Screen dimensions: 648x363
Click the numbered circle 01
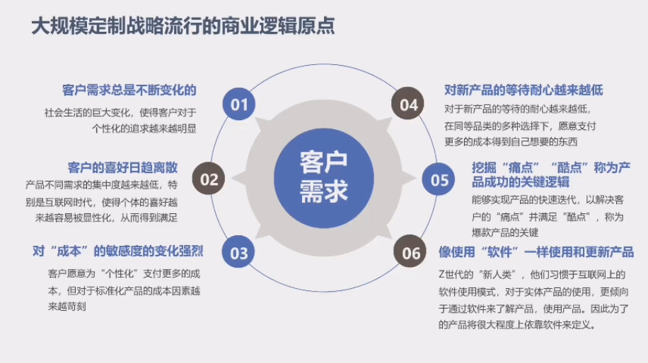click(239, 104)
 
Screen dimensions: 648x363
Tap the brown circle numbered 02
click(209, 179)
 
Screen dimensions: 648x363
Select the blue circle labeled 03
click(238, 252)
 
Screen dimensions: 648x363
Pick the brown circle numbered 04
click(408, 104)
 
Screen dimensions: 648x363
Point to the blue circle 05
click(439, 179)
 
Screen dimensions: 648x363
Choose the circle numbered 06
click(410, 251)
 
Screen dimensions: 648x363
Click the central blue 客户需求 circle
click(324, 178)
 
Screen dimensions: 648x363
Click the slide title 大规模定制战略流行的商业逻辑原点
click(183, 25)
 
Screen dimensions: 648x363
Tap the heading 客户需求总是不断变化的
click(129, 90)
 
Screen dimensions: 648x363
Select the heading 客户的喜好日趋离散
click(123, 167)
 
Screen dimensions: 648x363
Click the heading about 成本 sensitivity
click(117, 251)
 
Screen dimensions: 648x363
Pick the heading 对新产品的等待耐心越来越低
click(523, 90)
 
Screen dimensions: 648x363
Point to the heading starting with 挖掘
click(551, 174)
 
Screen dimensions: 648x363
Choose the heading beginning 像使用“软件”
click(536, 251)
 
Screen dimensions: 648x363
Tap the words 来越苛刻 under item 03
click(67, 307)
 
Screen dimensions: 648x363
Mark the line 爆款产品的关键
click(505, 232)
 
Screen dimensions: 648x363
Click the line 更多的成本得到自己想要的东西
click(511, 142)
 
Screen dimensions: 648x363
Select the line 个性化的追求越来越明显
click(144, 129)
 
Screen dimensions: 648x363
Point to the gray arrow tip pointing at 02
click(232, 179)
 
